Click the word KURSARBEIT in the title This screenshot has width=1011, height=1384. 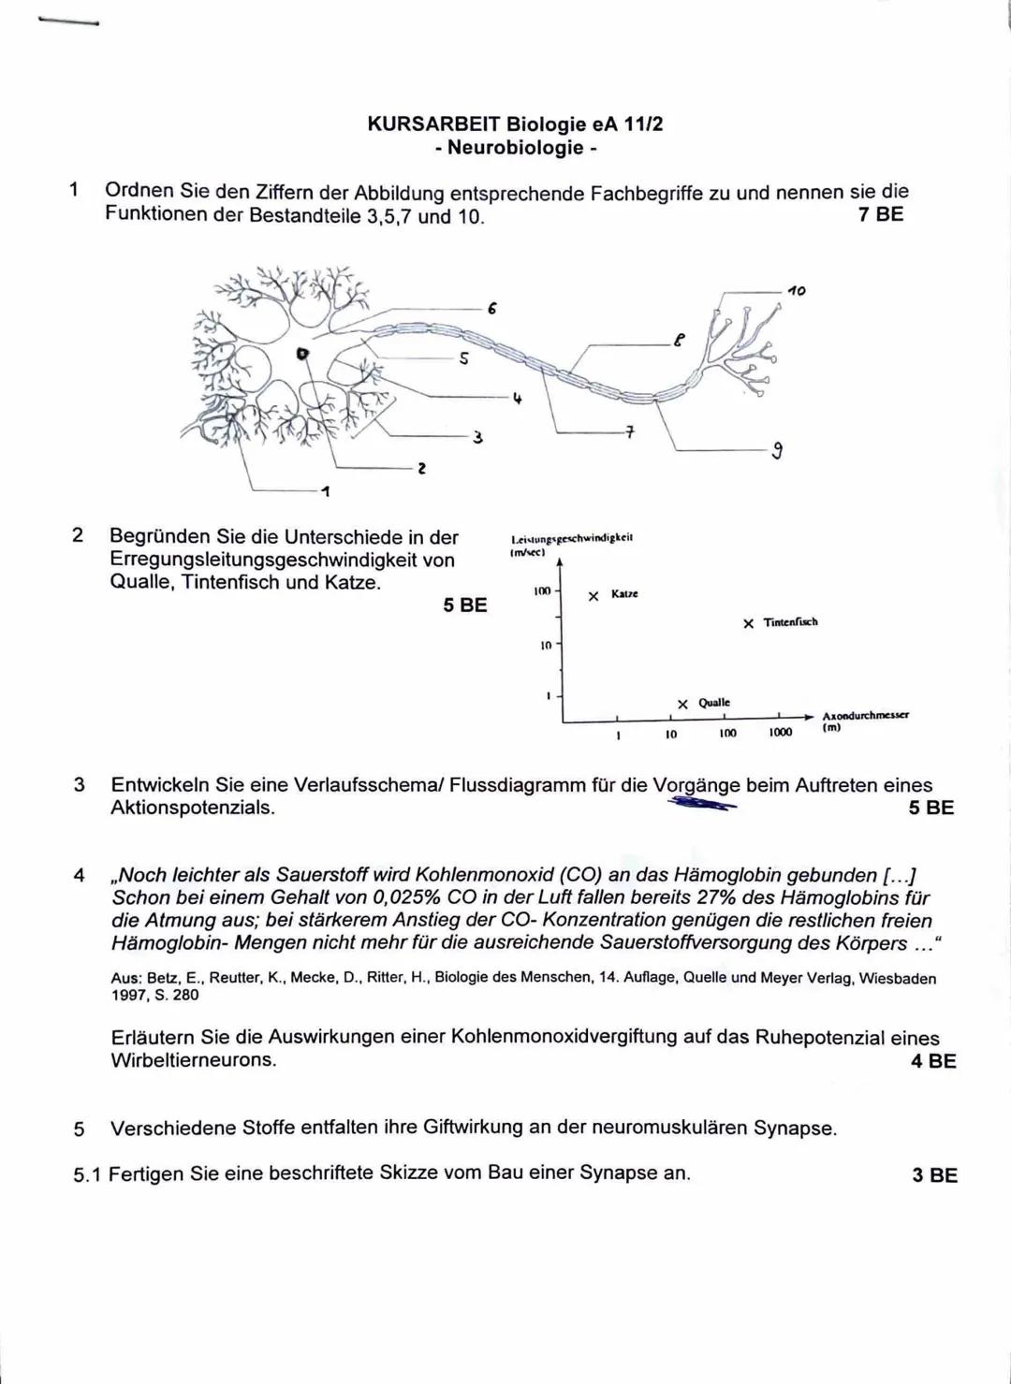coord(433,124)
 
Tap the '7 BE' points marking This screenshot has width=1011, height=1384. coord(880,214)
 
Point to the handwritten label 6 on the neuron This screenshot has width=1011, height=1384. coord(491,307)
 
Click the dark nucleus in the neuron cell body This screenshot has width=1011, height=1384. coord(301,354)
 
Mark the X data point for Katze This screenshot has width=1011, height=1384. coord(593,595)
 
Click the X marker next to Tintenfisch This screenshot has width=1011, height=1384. coord(748,623)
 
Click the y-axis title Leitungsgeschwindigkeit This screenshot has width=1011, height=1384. coord(571,538)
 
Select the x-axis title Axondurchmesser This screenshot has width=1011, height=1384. coord(865,715)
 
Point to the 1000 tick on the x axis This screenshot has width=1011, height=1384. coord(780,733)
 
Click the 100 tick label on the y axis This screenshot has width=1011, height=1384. coord(542,592)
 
